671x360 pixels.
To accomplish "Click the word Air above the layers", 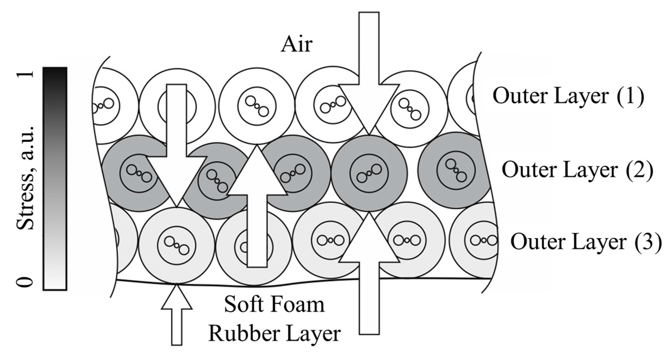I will [297, 45].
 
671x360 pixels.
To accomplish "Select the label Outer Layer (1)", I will [568, 96].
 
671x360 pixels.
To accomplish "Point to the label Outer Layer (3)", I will [586, 242].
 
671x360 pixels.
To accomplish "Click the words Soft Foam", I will [274, 305].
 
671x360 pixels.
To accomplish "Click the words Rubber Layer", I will [274, 334].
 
